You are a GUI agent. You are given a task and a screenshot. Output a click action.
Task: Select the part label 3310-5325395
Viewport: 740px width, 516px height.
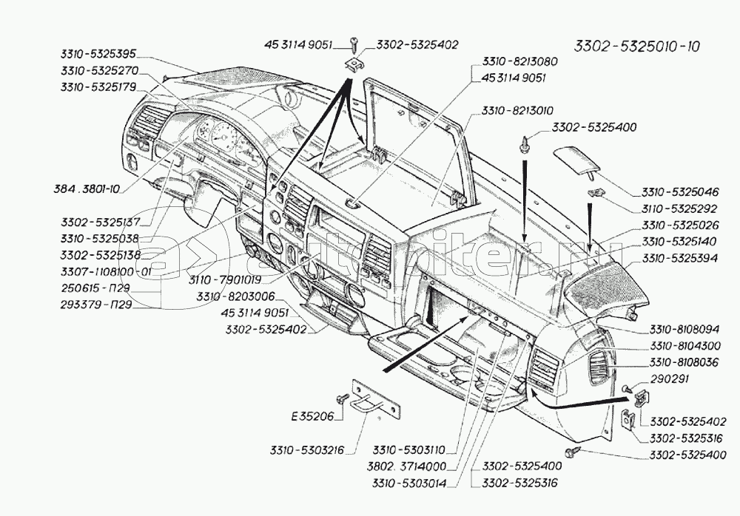[95, 54]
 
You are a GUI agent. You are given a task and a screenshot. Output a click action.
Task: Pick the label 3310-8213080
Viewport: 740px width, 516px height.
[519, 62]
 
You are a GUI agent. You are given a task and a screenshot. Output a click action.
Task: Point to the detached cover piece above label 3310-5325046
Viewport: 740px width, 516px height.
[579, 160]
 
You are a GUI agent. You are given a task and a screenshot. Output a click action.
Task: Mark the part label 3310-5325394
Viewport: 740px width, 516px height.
[678, 258]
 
